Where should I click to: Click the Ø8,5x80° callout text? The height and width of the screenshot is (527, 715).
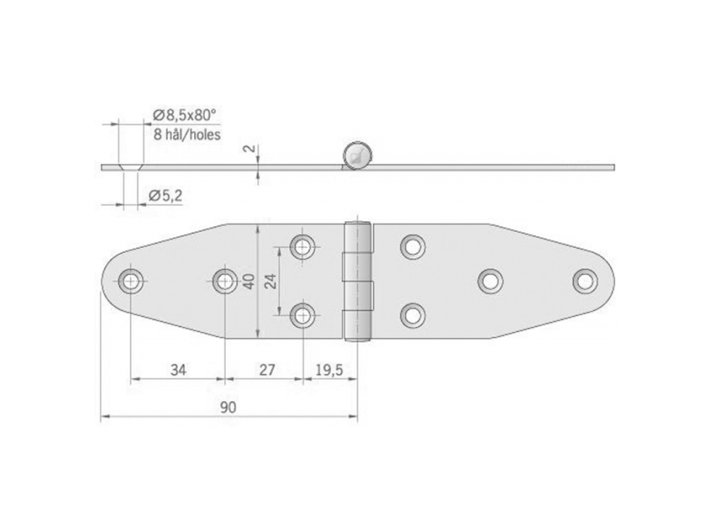184,114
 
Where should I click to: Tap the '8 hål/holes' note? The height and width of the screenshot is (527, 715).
187,136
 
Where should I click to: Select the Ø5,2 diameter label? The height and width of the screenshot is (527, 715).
166,196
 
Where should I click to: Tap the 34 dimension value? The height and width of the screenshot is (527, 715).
178,370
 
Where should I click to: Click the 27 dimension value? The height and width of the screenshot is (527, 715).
266,370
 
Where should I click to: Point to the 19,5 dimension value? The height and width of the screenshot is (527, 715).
328,370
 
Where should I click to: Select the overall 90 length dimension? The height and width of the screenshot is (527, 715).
229,407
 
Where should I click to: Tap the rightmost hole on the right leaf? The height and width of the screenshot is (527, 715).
584,281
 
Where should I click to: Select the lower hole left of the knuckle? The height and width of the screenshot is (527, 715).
303,315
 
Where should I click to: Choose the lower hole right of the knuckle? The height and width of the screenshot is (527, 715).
412,315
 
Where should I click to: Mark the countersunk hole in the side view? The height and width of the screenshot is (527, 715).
129,166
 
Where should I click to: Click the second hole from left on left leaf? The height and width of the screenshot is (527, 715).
224,282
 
